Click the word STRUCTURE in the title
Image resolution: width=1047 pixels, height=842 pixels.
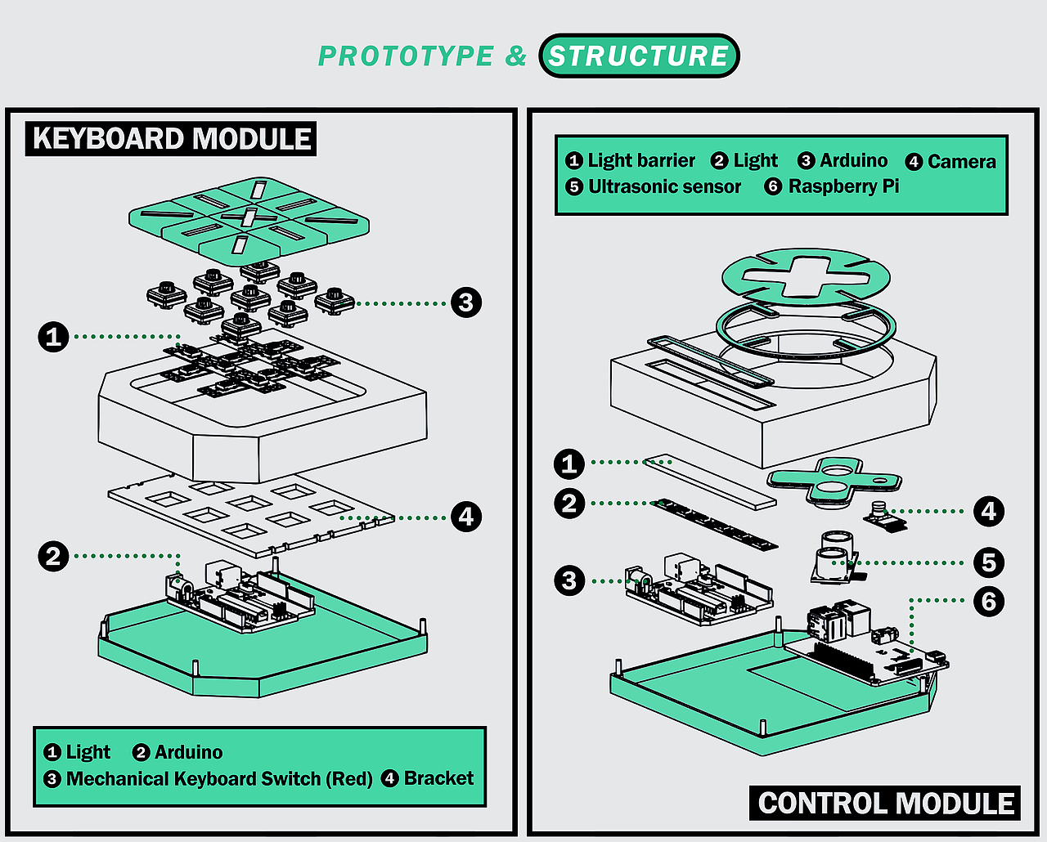pos(639,56)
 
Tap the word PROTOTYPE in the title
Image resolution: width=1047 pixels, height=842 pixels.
pos(406,56)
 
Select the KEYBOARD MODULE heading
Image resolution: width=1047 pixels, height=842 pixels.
pos(172,138)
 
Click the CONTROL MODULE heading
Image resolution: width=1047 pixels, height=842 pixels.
pos(886,803)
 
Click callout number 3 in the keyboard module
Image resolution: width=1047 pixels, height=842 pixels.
pos(466,302)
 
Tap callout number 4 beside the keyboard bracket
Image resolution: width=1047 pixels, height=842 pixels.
pos(466,517)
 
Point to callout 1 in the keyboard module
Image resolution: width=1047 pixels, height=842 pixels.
pos(54,336)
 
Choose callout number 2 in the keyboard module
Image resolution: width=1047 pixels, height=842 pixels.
pos(54,557)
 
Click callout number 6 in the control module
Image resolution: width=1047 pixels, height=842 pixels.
pos(989,601)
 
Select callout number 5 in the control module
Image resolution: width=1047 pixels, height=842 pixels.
pos(989,562)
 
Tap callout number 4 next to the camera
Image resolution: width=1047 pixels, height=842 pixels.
pos(989,512)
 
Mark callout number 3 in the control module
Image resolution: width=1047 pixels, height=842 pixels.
pos(569,580)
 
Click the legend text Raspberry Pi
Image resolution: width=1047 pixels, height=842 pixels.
pos(843,186)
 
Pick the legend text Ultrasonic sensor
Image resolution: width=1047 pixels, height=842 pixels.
pos(664,186)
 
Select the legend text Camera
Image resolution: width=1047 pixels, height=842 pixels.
pos(961,161)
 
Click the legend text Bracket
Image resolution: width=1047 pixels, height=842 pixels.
pos(438,777)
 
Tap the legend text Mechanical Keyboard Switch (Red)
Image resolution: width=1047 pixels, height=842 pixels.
pos(219,778)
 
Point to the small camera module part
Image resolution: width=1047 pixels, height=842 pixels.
pos(882,515)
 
